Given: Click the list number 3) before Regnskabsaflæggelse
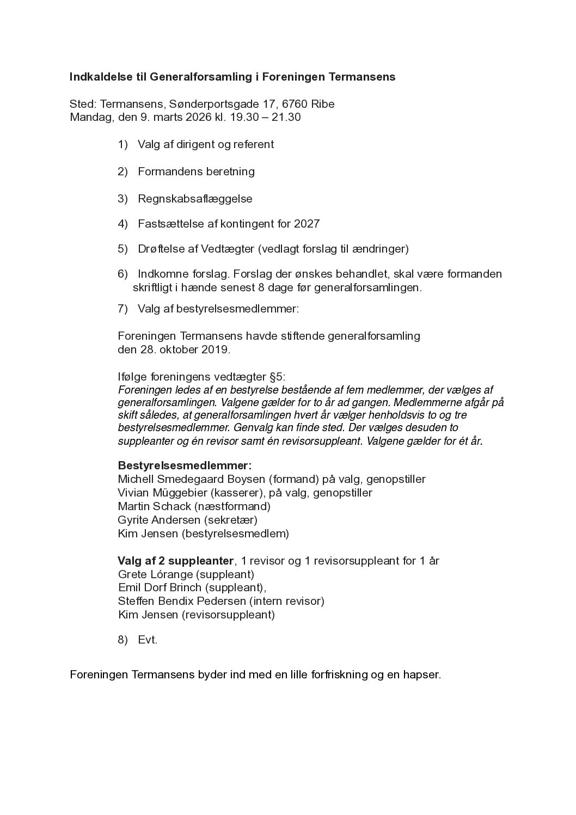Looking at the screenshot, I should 122,199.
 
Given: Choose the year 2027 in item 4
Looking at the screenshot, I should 307,224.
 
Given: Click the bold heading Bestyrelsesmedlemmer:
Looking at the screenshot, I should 185,466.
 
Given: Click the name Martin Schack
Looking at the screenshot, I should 154,506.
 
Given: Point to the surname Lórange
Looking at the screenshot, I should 169,574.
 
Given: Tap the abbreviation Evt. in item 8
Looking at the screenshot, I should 148,640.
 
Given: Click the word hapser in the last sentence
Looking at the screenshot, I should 421,675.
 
